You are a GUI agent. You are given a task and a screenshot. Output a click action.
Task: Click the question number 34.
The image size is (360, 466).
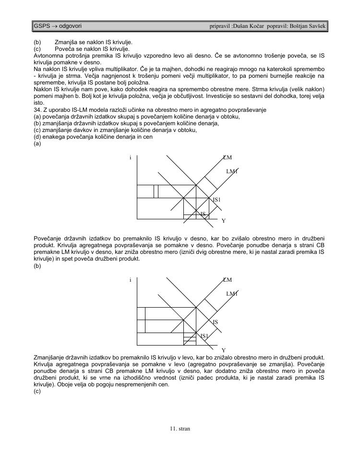click(x=38, y=110)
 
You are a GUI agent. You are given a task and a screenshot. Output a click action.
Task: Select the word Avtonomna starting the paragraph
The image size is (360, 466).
click(x=48, y=56)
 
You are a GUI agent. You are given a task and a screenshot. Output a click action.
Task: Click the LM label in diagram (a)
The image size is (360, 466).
click(x=227, y=157)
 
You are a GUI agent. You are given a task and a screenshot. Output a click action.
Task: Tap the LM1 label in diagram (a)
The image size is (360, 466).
click(x=232, y=171)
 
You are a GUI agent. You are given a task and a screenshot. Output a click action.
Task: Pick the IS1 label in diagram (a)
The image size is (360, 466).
click(x=216, y=200)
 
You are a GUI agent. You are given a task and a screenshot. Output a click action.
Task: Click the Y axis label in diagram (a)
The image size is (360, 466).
click(x=223, y=221)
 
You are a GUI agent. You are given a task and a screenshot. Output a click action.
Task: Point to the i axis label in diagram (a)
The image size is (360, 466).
click(x=130, y=158)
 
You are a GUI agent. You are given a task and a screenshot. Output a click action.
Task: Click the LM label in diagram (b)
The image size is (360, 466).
click(x=227, y=280)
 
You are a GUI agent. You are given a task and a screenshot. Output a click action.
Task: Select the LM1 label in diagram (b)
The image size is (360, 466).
click(x=232, y=293)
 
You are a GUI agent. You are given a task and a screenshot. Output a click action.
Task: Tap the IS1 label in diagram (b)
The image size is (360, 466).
click(x=204, y=336)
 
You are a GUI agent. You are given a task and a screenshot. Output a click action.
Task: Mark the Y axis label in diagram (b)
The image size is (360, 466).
click(x=223, y=351)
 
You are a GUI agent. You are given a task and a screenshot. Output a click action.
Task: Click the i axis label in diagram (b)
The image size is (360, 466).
click(x=130, y=280)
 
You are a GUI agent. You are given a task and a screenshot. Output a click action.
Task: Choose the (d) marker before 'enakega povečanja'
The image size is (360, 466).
click(x=37, y=137)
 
